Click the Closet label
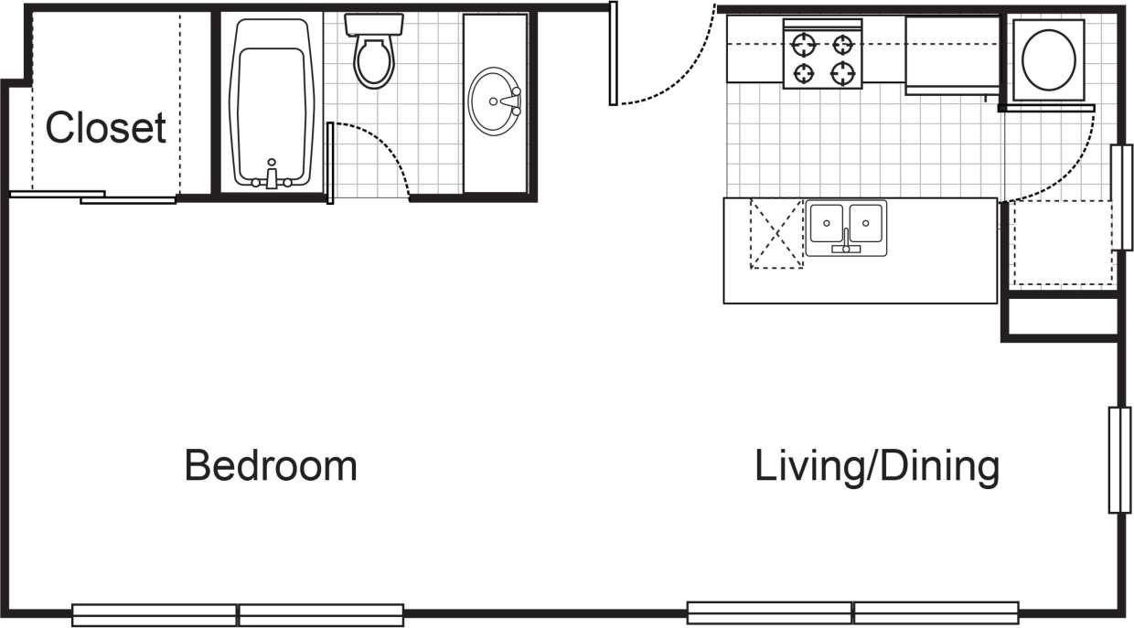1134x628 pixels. point(105,128)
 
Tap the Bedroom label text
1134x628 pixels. point(271,465)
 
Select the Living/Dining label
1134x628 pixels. point(876,465)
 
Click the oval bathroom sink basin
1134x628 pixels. point(495,101)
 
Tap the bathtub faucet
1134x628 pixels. point(271,176)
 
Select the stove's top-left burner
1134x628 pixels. point(804,43)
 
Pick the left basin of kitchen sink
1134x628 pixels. point(826,223)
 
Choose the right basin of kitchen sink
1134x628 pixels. point(866,223)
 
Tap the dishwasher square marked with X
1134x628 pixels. point(776,235)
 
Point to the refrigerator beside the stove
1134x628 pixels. point(951,53)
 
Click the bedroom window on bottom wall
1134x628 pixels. point(238,614)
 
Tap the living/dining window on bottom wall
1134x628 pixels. point(852,612)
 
